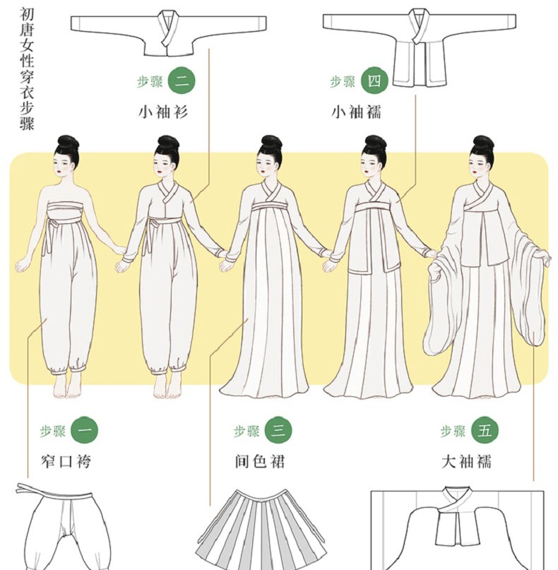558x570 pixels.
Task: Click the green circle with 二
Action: [x=182, y=81]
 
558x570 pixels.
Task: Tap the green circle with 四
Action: [x=374, y=81]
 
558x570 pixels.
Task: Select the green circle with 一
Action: [x=85, y=431]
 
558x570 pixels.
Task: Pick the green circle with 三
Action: [x=278, y=431]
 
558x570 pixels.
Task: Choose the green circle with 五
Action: [x=485, y=431]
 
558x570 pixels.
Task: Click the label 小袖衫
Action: [x=163, y=112]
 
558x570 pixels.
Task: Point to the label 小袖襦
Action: [x=356, y=112]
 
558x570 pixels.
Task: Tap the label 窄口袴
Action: [x=66, y=462]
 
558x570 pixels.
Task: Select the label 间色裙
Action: [x=259, y=462]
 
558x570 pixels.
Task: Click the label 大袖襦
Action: [x=466, y=462]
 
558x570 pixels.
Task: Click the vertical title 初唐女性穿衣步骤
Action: [x=27, y=70]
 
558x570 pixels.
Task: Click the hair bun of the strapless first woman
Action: [x=68, y=144]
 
